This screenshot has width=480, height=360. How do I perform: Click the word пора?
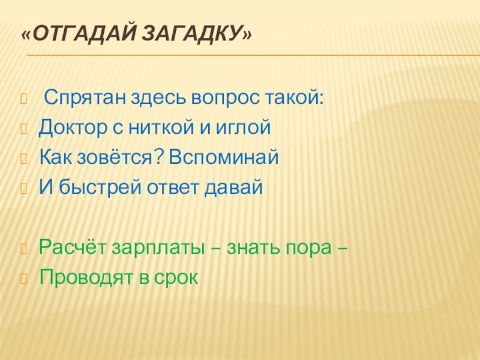click(309, 247)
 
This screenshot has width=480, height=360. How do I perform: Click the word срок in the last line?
click(177, 277)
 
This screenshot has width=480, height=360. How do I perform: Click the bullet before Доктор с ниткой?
click(25, 128)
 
